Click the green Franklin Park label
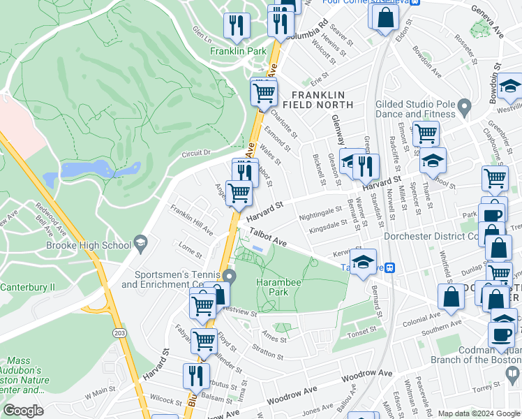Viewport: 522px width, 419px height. click(238, 52)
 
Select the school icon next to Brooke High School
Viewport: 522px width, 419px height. click(142, 242)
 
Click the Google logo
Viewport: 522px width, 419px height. click(23, 411)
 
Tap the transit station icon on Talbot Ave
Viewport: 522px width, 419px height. click(391, 267)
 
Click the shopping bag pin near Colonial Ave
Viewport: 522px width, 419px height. click(452, 297)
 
